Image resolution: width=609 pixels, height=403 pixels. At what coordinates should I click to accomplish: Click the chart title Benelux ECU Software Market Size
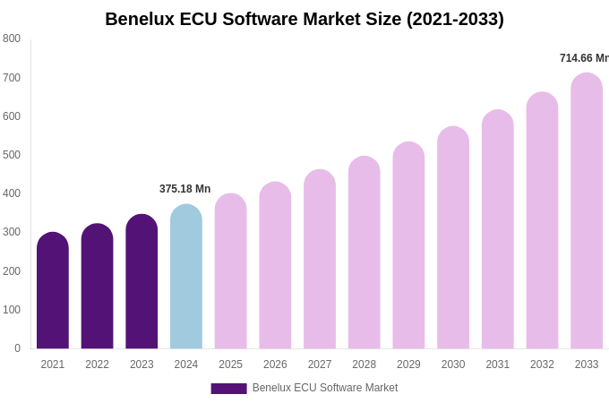click(x=304, y=19)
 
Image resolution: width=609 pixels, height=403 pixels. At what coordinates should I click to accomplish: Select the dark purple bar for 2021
click(x=53, y=291)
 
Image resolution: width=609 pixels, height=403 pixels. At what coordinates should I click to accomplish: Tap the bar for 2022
click(x=97, y=287)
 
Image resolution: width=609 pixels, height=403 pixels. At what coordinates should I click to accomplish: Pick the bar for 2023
click(x=142, y=282)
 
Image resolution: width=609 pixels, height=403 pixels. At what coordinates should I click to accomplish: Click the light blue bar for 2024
click(x=186, y=277)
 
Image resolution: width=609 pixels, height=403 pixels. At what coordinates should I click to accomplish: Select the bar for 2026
click(x=275, y=266)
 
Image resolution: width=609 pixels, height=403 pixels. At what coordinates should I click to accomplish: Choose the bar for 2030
click(x=453, y=238)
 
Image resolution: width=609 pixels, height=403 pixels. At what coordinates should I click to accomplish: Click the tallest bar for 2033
click(x=587, y=211)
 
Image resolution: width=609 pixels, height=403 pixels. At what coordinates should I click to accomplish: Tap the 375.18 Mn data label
click(x=185, y=189)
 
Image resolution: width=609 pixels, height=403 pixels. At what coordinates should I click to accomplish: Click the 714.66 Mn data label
click(x=584, y=58)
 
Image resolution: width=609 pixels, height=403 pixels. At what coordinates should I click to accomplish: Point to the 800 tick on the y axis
click(x=12, y=39)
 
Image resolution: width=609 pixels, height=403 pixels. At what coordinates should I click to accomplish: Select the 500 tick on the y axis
click(x=12, y=155)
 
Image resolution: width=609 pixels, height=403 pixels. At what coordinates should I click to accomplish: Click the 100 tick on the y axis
click(x=12, y=310)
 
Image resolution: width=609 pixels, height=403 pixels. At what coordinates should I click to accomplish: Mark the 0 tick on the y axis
click(x=17, y=348)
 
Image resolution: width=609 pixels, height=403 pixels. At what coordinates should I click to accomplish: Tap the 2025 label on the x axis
click(x=230, y=364)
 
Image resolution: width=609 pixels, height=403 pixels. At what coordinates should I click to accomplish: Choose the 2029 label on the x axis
click(x=408, y=364)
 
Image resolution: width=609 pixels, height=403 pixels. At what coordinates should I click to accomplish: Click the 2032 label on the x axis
click(x=542, y=364)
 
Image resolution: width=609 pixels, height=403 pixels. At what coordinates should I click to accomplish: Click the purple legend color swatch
click(x=228, y=389)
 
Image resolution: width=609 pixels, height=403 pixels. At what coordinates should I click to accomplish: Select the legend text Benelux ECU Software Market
click(x=325, y=388)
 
